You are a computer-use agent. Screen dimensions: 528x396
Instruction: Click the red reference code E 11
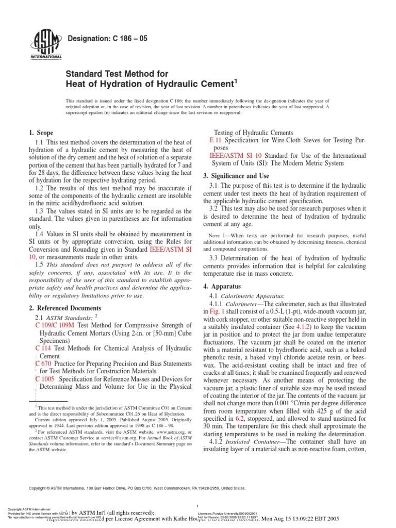216,140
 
